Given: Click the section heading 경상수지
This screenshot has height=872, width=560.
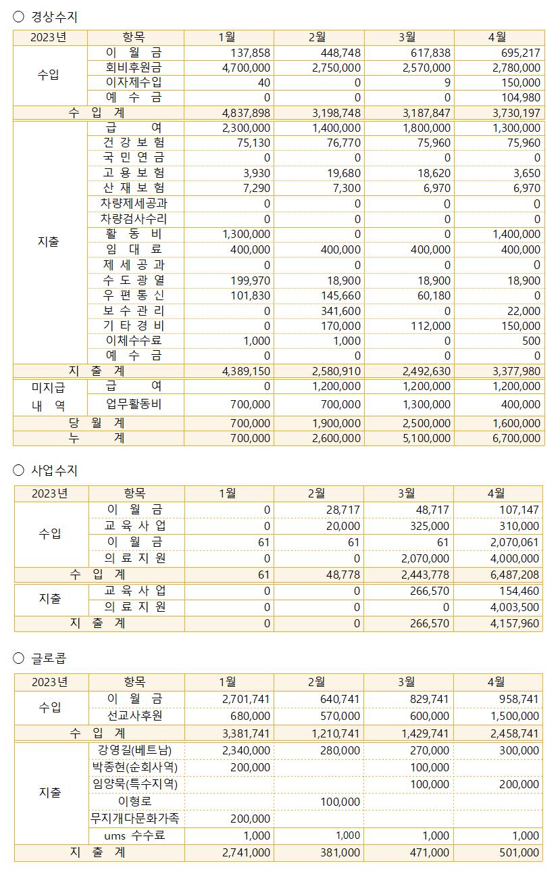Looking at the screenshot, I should coord(54,17).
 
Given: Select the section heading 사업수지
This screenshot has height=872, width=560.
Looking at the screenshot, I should coord(54,470).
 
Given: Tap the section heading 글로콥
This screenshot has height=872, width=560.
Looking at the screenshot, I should coord(49,658).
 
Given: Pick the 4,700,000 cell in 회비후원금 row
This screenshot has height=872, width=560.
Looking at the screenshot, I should coord(247,68).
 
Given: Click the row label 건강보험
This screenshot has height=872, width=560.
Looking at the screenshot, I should coord(134,143).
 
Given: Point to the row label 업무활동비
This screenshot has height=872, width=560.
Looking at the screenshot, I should coord(134,404).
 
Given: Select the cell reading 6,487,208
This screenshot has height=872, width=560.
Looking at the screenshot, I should coord(515,575).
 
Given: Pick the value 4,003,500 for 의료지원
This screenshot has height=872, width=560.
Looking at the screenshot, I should coord(515,607).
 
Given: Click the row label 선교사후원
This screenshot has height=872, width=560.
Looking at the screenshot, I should coord(134,716).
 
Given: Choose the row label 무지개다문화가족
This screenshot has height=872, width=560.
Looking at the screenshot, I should coord(135,819).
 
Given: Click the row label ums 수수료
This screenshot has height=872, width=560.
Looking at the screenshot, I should coord(134,836).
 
